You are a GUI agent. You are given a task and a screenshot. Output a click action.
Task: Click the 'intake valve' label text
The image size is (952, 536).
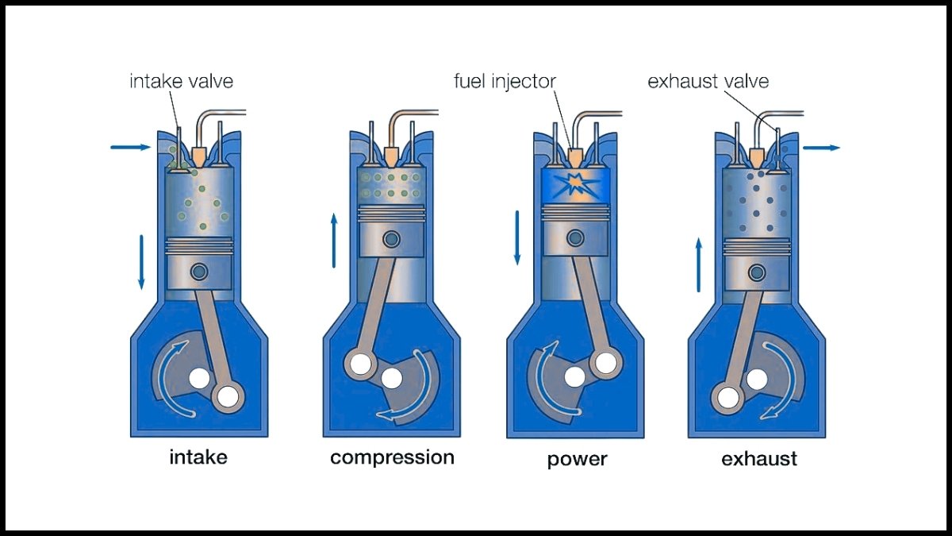click(x=182, y=82)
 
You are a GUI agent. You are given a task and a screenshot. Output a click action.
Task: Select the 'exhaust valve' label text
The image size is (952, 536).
click(x=708, y=82)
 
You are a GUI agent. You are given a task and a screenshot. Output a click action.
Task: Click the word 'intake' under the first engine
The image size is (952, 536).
click(x=198, y=457)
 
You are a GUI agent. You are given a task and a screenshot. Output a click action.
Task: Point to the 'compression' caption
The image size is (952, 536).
click(x=392, y=457)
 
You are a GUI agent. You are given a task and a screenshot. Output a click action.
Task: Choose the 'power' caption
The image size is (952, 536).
click(x=577, y=459)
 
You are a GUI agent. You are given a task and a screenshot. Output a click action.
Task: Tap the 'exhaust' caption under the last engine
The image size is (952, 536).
click(x=759, y=459)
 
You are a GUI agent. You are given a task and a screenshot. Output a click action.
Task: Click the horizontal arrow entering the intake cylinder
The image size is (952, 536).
click(x=130, y=147)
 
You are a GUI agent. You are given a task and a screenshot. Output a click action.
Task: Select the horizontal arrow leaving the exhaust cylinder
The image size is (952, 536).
click(x=820, y=148)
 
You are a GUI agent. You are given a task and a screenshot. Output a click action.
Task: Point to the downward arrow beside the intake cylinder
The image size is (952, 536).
click(x=142, y=261)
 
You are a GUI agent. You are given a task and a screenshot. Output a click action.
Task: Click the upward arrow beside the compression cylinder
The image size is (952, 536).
click(x=334, y=239)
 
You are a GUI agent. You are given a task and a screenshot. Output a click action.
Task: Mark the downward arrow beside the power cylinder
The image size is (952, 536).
click(x=517, y=237)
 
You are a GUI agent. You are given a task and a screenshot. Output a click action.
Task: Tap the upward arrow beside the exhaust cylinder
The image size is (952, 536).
click(x=699, y=264)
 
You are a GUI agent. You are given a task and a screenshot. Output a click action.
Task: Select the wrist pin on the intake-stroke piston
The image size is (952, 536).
click(x=199, y=272)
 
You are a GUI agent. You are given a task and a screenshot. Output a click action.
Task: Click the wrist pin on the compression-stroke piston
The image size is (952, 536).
click(x=391, y=238)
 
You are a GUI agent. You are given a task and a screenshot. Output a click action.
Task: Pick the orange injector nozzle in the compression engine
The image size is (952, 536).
click(x=391, y=153)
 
